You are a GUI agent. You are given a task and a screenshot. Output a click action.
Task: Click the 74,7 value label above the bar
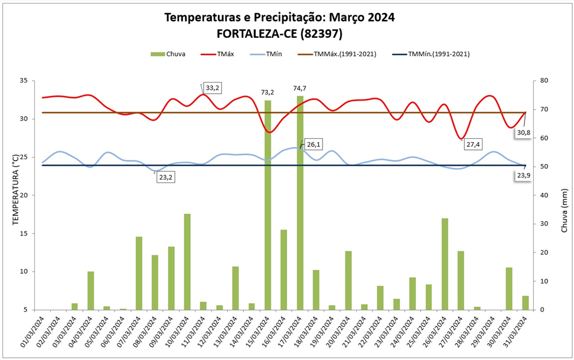(300, 89)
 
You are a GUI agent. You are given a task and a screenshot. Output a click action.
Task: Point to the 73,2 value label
(268, 93)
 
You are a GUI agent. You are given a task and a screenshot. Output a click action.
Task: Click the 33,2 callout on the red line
(211, 88)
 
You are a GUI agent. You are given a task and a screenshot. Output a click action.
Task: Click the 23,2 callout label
(167, 176)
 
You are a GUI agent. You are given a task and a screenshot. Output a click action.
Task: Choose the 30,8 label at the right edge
(523, 133)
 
